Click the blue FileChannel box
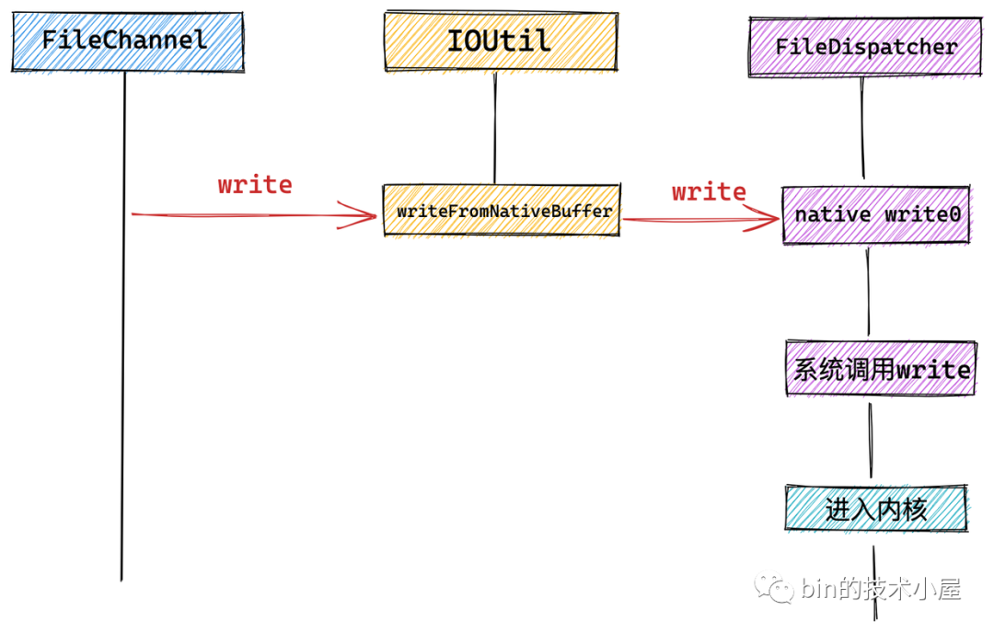[127, 41]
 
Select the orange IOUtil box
[501, 41]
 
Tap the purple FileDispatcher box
[865, 47]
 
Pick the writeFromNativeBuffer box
[502, 211]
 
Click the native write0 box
[876, 214]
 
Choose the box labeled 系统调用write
[881, 369]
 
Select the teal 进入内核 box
[876, 508]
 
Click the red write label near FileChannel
[255, 184]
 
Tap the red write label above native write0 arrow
[709, 191]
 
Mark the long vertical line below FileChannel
[123, 326]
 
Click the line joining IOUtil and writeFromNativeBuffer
[495, 128]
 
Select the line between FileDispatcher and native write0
[862, 128]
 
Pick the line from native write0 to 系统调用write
[868, 292]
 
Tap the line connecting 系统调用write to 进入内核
[871, 440]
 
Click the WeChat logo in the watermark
[773, 589]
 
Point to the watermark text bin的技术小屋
[881, 589]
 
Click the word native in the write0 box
[832, 214]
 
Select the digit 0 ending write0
[954, 214]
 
